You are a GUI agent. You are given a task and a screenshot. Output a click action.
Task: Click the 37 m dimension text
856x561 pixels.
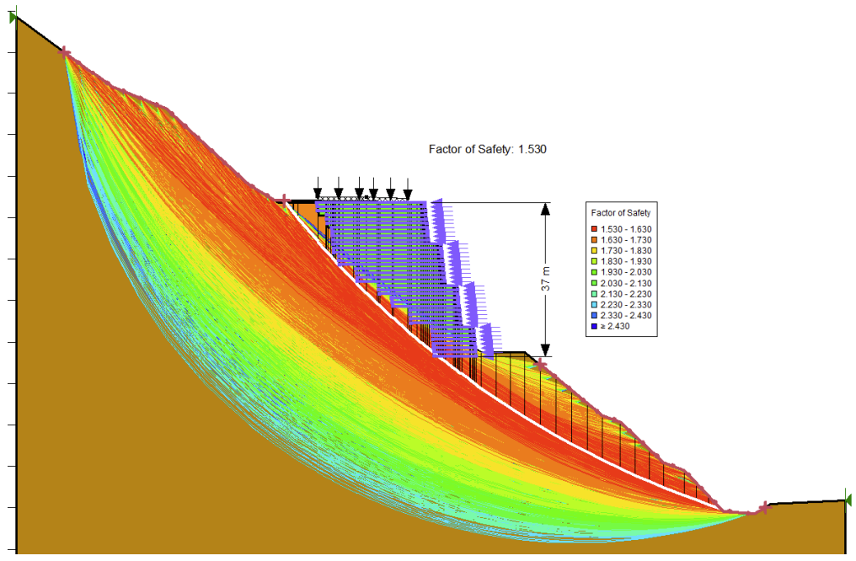545,280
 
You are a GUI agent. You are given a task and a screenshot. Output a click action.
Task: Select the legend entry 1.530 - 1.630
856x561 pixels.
624,229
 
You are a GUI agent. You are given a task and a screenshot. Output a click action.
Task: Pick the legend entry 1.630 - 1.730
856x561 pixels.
624,240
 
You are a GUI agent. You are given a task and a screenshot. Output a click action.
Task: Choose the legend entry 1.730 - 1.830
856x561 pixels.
624,251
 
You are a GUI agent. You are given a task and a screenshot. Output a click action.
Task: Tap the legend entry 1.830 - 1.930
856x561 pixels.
624,261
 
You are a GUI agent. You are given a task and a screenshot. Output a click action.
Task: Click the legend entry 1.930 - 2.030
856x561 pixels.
624,272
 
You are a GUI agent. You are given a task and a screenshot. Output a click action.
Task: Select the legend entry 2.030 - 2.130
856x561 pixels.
624,283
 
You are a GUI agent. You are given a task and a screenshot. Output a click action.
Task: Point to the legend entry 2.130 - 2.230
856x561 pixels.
624,293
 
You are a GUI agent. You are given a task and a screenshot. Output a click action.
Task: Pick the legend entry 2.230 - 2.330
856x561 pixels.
624,304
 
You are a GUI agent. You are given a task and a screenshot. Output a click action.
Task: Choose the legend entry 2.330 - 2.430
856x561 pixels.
624,315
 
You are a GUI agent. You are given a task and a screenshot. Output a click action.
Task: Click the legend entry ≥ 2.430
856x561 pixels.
619,325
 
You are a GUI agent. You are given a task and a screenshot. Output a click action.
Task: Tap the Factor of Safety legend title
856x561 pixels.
620,213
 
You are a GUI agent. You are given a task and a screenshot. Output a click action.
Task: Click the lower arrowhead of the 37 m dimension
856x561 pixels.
545,349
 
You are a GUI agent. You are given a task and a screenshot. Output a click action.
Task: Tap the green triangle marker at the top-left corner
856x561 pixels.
13,17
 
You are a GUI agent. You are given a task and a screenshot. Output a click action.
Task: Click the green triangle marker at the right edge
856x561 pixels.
848,500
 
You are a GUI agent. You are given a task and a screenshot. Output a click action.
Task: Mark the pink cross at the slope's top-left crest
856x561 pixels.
66,52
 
